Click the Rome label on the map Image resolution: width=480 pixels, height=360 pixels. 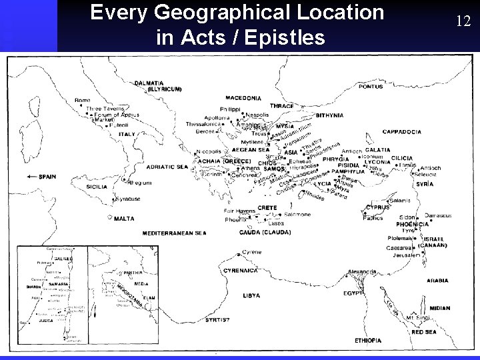[82, 100]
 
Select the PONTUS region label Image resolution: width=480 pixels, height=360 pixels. [370, 86]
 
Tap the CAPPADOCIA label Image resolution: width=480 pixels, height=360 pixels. [401, 132]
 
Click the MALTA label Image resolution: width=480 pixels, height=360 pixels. [124, 218]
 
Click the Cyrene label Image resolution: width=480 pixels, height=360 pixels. [251, 252]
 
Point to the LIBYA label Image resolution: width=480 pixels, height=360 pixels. [251, 295]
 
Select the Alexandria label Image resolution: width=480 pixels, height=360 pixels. [362, 272]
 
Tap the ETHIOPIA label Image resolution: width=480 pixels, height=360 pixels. [369, 340]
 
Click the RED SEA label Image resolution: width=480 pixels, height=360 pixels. [424, 331]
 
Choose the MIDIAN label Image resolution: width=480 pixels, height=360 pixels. [439, 308]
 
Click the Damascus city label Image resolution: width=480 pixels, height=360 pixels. [438, 215]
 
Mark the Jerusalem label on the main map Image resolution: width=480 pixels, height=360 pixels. [406, 255]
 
